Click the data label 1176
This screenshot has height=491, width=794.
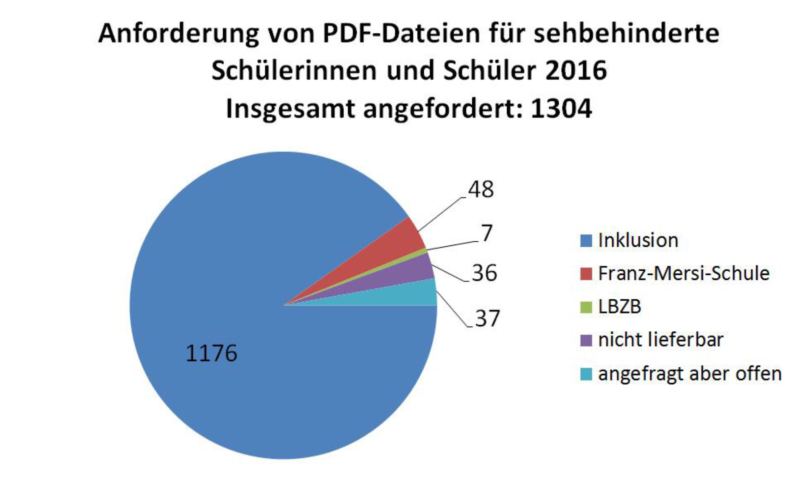(x=211, y=353)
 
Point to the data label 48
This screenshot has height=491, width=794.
(x=481, y=190)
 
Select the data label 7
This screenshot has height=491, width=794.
(x=486, y=233)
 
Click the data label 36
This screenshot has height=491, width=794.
(x=484, y=273)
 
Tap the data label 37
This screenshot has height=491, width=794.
(x=487, y=318)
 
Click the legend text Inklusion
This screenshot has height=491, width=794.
(x=638, y=240)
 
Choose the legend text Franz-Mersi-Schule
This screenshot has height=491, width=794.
(x=684, y=274)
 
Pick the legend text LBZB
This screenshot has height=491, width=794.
(x=620, y=307)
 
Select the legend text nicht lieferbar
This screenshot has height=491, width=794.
(x=661, y=340)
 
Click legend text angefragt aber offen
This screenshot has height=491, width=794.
(x=690, y=373)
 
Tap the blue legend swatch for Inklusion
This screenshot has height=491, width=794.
(x=586, y=241)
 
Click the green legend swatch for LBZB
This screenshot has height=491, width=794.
(x=586, y=307)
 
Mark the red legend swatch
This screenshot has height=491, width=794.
(x=586, y=274)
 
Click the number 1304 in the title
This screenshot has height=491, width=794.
(x=561, y=108)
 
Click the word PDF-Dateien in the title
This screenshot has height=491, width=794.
(x=401, y=34)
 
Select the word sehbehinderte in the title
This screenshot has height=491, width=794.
(x=626, y=34)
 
